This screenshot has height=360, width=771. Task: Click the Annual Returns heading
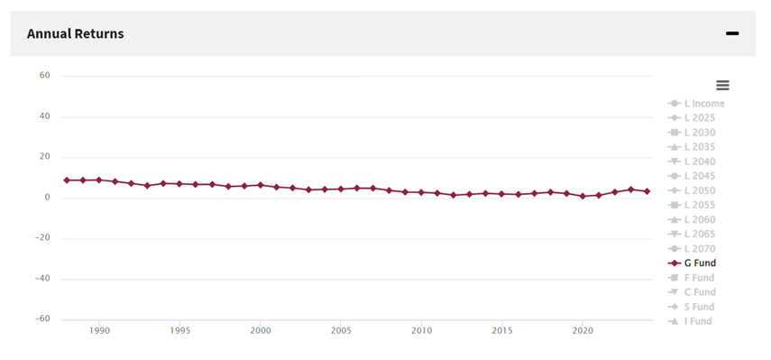(75, 33)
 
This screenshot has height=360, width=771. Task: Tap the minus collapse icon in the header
(732, 33)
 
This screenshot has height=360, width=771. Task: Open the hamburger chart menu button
(722, 85)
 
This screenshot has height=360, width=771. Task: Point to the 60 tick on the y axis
(44, 76)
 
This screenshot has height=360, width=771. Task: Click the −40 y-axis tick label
(41, 279)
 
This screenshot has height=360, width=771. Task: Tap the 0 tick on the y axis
(47, 198)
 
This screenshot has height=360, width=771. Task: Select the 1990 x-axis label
(99, 331)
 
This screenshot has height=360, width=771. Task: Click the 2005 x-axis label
(341, 331)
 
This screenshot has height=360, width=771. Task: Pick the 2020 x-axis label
(583, 331)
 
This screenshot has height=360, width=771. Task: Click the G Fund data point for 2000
(260, 185)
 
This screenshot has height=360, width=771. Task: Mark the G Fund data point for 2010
(421, 192)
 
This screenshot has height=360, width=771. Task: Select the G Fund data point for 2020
(583, 196)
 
